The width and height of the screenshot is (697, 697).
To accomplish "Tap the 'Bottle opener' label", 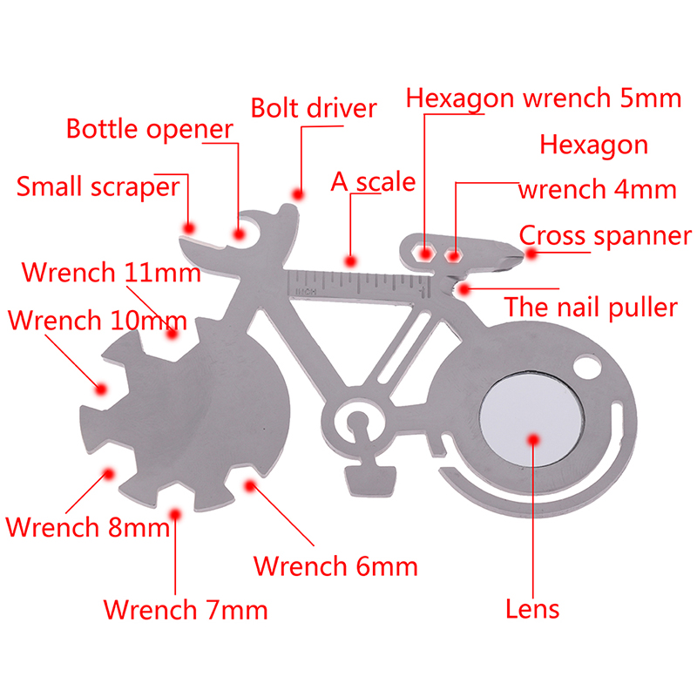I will [150, 130].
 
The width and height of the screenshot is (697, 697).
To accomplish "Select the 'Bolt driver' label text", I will [313, 108].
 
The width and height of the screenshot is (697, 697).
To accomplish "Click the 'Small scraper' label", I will [98, 186].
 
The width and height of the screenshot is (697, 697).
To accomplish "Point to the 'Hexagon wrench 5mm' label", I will [544, 98].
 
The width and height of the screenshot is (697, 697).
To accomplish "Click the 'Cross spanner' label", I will [605, 235].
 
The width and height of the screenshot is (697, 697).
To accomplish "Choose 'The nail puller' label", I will [591, 307].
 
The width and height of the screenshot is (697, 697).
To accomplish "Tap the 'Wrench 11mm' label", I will [112, 272].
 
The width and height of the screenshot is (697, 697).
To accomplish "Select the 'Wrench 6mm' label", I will [335, 566].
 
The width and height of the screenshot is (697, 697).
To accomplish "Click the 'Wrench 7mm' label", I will [186, 609].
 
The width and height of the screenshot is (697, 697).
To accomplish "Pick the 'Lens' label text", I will [532, 608].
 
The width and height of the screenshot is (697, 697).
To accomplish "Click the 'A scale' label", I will [373, 182].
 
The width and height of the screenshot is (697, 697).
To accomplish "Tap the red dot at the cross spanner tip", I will [531, 254].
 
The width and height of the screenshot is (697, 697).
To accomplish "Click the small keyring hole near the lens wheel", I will [587, 369].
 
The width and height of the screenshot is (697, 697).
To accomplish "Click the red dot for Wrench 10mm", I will [102, 389].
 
